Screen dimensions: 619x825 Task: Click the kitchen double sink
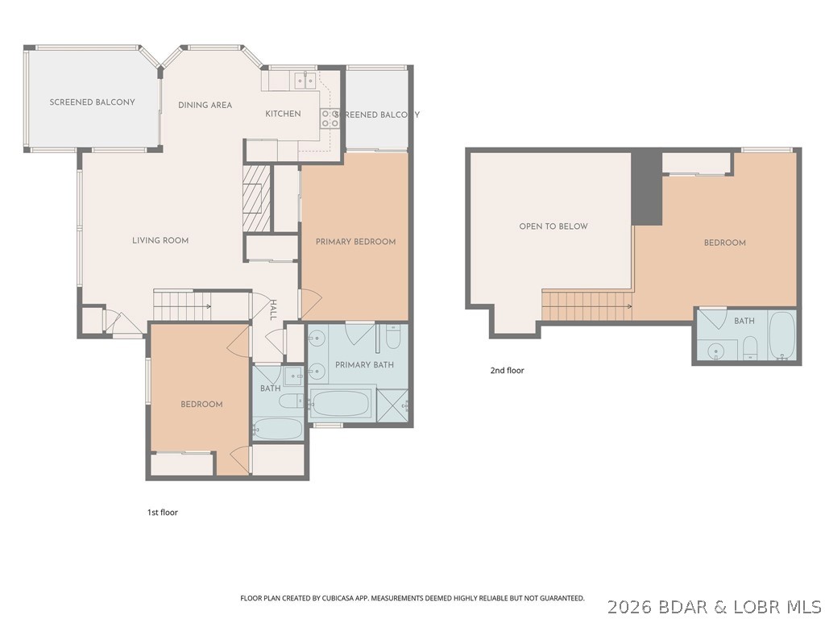point(305,79)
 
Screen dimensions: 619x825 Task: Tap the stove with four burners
point(330,118)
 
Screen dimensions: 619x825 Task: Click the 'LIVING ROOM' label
point(160,240)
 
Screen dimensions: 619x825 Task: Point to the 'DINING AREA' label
point(205,105)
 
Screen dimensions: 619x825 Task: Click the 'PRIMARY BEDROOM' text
point(355,242)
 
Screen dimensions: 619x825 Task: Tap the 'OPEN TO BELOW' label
point(553,226)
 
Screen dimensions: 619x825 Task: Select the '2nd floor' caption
point(507,371)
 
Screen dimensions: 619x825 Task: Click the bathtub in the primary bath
point(340,402)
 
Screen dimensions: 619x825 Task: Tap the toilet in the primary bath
point(392,336)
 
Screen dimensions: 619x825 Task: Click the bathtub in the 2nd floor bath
point(781,335)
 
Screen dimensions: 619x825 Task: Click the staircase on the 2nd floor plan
point(586,306)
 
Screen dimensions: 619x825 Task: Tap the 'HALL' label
point(273,310)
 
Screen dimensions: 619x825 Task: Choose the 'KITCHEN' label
point(283,114)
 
